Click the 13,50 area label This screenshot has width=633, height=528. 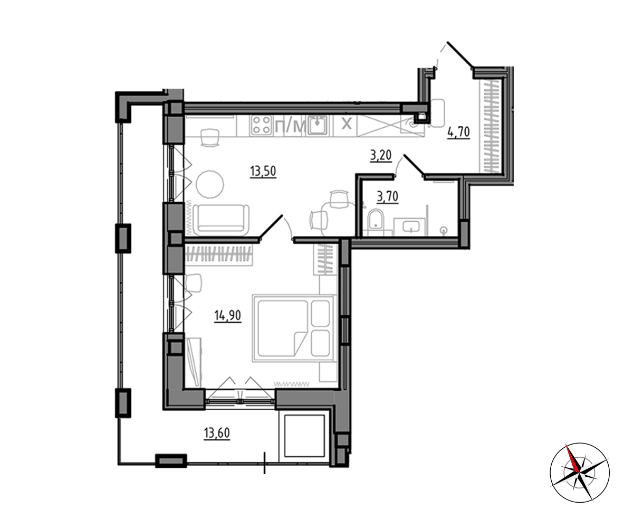click(x=263, y=172)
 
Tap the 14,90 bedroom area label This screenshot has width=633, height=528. click(x=228, y=316)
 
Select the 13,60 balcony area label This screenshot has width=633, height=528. click(x=217, y=433)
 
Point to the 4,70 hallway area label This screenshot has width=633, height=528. click(x=459, y=133)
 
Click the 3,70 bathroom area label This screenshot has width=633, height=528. click(x=387, y=197)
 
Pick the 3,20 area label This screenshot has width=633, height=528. click(x=381, y=156)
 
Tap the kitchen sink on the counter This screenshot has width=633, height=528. click(x=318, y=126)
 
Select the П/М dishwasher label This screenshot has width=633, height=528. click(x=290, y=126)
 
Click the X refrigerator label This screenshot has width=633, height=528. click(x=347, y=124)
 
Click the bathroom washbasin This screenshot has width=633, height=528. click(x=411, y=226)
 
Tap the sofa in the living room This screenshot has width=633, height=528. click(x=220, y=220)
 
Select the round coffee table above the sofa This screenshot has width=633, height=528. click(x=210, y=184)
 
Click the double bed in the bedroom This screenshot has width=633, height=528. click(x=294, y=328)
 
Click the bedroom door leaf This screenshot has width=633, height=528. click(x=271, y=227)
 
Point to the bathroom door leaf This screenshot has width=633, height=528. click(x=414, y=165)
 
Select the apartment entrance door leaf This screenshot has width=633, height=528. click(x=459, y=54)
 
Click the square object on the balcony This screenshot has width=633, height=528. click(x=304, y=436)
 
